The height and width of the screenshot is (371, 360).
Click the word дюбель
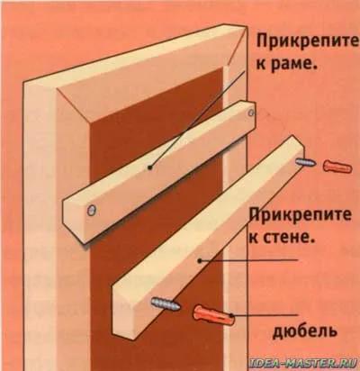click(305, 332)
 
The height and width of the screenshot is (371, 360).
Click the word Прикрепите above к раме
click(307, 44)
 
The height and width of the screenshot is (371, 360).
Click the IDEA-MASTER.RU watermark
click(303, 364)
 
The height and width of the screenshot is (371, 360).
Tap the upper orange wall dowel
click(337, 167)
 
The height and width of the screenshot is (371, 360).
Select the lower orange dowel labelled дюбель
click(214, 315)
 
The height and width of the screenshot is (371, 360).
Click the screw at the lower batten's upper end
click(305, 163)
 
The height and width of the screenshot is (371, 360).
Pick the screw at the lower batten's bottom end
click(166, 303)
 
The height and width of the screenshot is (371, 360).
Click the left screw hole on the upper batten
click(91, 210)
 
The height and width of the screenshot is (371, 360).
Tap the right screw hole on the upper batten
click(250, 113)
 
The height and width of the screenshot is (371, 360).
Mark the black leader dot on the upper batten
click(149, 167)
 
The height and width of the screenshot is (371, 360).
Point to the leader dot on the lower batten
click(199, 261)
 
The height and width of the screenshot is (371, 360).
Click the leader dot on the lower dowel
click(231, 315)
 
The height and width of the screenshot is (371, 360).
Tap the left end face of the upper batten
click(74, 219)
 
